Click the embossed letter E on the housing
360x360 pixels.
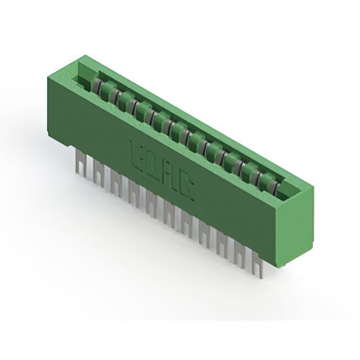point(137,152)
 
